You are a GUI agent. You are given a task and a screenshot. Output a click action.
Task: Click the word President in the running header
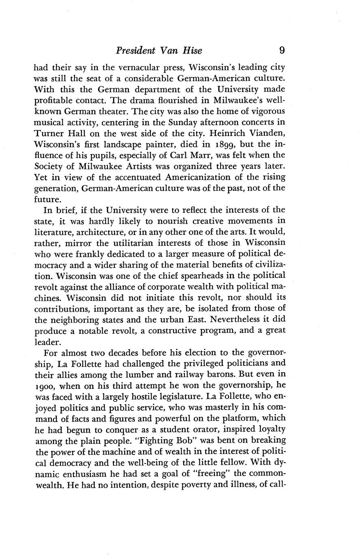(135, 51)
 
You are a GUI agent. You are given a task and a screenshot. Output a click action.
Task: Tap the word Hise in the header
(192, 51)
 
